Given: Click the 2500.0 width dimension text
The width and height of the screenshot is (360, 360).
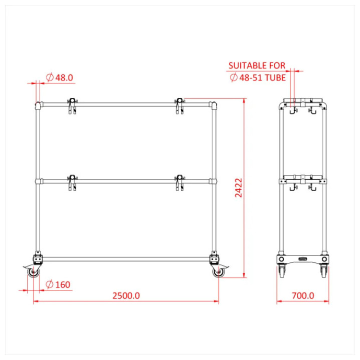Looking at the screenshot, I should [x=125, y=295].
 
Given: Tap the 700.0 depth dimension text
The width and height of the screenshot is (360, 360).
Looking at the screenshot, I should [x=303, y=295].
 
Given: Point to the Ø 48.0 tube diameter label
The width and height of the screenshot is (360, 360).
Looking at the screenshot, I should [x=59, y=77].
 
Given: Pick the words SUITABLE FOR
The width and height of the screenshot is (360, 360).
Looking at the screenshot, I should [x=256, y=65].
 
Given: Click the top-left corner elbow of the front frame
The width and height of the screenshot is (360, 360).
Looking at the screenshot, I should [x=37, y=105].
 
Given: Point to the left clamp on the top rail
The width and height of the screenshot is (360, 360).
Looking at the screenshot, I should [x=72, y=105].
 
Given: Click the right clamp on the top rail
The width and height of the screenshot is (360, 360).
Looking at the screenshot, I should [x=178, y=105].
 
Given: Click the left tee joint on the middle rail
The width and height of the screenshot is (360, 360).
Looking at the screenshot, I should [x=37, y=181].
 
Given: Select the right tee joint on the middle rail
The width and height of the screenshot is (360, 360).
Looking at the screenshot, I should [x=214, y=181].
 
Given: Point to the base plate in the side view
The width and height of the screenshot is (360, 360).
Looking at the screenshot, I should [x=302, y=260].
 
